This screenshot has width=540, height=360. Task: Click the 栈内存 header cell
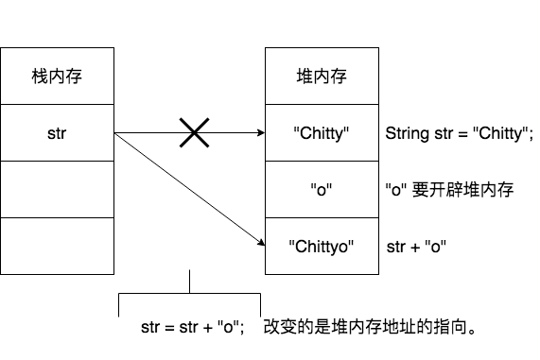(57, 76)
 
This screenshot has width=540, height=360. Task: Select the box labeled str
(57, 132)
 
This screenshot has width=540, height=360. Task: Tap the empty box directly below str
(57, 189)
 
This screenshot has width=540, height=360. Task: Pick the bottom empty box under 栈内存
(57, 246)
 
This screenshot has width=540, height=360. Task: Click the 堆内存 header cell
(322, 76)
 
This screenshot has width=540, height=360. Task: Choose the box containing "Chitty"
(322, 132)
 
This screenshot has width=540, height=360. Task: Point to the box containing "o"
(322, 189)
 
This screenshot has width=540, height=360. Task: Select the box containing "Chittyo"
(322, 246)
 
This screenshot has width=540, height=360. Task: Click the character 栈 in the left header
(40, 77)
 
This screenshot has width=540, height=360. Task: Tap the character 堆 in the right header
(305, 77)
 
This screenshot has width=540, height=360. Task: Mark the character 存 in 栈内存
(74, 77)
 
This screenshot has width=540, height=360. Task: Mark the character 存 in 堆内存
(339, 77)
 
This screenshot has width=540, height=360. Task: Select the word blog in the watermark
(361, 340)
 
